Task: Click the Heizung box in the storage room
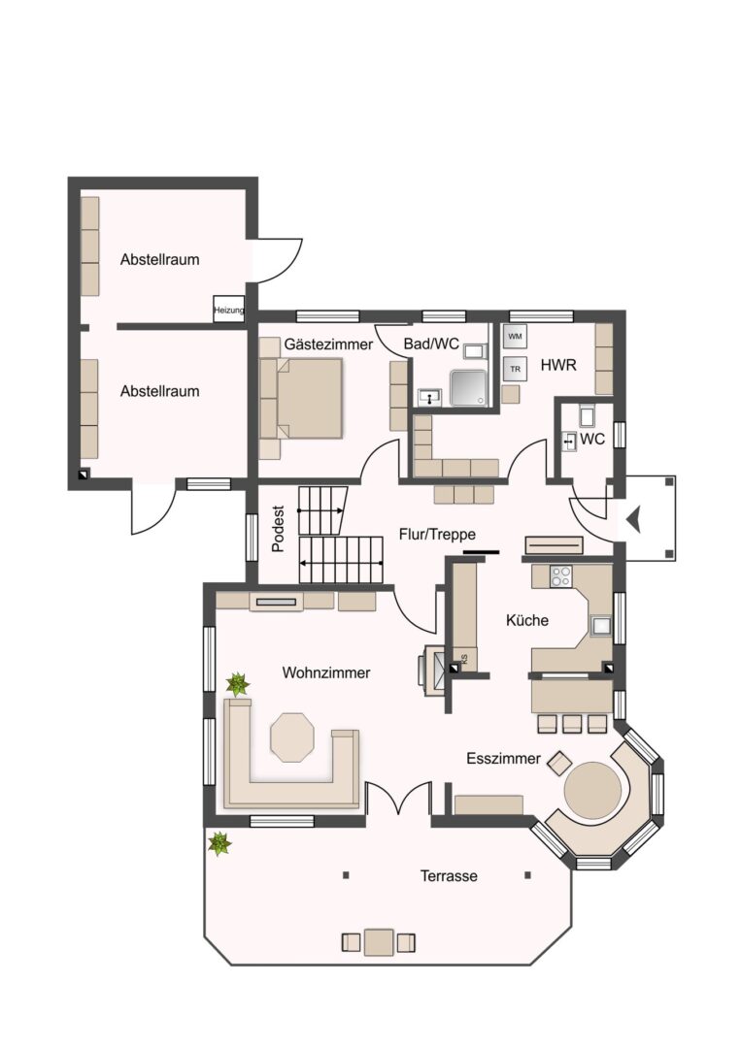point(229,310)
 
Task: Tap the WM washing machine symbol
point(515,336)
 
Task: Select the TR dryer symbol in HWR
point(515,369)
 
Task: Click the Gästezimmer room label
point(328,344)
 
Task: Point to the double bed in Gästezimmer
point(309,399)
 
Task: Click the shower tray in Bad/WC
point(470,388)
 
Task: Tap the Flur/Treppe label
point(437,534)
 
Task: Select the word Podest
point(278,528)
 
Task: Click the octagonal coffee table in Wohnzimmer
point(292,737)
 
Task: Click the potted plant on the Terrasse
point(219,843)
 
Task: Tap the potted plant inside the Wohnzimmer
point(237,684)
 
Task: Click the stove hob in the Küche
point(560,576)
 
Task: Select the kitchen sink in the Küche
point(600,625)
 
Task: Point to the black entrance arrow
point(632,519)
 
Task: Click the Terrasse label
point(449,875)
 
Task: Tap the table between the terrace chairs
point(379,941)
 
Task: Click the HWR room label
point(558,365)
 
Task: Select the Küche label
point(527,620)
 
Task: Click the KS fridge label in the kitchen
point(464,659)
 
